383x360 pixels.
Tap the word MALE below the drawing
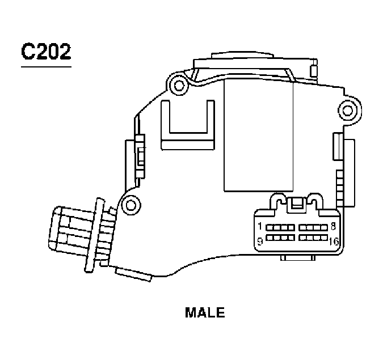click(205, 312)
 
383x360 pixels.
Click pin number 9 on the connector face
click(259, 241)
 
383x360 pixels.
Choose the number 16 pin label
click(333, 242)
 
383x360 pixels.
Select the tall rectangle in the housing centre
click(258, 136)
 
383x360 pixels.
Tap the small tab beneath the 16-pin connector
click(297, 258)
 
